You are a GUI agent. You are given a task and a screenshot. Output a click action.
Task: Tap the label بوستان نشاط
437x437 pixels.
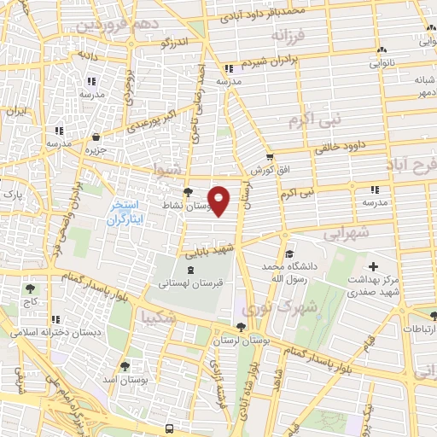[181, 207]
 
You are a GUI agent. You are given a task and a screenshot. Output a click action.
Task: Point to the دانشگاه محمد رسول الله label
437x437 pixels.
[289, 272]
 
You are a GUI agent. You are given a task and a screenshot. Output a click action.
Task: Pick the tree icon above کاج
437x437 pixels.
[32, 289]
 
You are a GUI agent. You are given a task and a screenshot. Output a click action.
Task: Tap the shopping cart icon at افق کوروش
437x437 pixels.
[270, 157]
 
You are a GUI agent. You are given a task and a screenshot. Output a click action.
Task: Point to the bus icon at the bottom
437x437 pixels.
[170, 428]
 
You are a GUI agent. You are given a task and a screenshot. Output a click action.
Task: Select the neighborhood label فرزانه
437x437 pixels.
[288, 37]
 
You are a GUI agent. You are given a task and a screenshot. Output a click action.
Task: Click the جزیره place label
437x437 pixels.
[95, 150]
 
